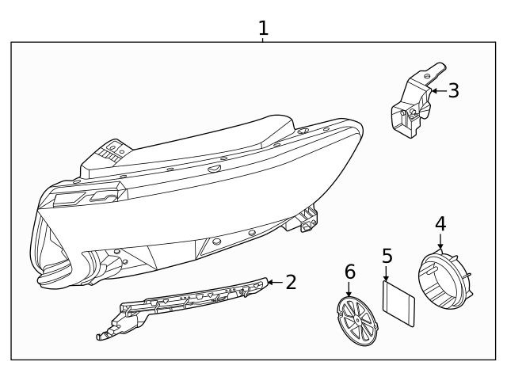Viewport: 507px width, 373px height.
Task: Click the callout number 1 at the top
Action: coord(263,29)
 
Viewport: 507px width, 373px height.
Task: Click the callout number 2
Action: coord(291,282)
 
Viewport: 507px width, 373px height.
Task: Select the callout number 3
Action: coord(453,90)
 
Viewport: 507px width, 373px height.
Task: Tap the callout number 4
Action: coord(440,223)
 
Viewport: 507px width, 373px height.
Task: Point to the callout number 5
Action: coord(387,256)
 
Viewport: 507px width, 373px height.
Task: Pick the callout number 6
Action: coord(349,272)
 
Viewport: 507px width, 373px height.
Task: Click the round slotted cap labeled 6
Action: coord(356,322)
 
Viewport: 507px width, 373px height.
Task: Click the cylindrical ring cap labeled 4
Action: coord(444,280)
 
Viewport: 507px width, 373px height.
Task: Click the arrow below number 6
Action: coord(349,290)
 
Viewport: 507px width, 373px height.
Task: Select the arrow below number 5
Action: coord(387,273)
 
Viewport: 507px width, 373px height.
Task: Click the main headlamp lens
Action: coord(158,222)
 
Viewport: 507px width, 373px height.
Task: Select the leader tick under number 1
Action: coord(263,40)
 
